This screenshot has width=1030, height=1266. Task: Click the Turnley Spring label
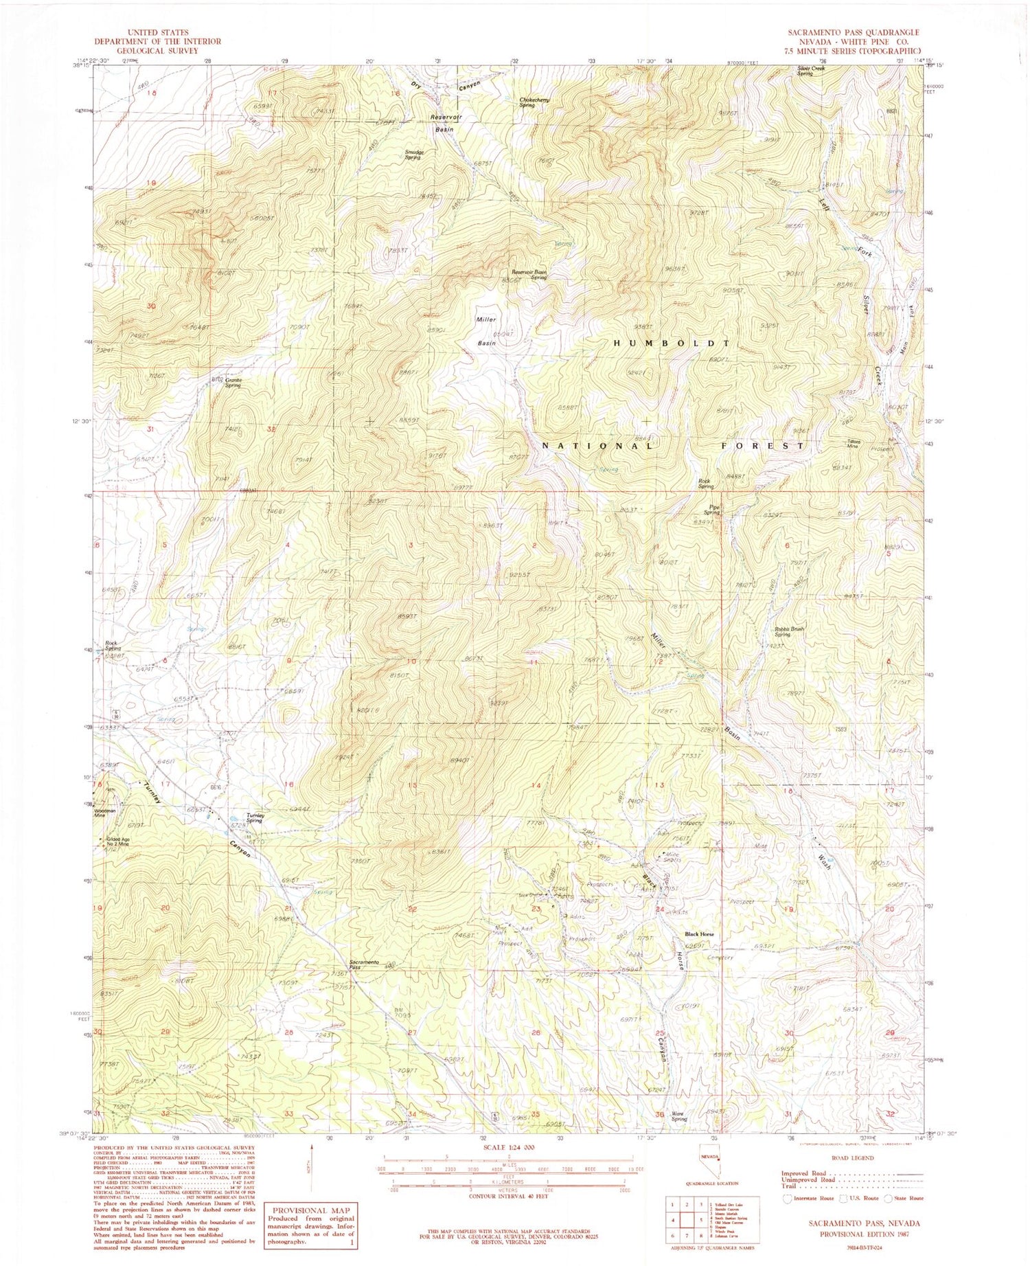[254, 817]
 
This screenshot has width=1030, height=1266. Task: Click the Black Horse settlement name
[699, 934]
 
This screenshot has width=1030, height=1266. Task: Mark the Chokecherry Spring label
[536, 102]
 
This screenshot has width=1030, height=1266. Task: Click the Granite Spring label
[233, 383]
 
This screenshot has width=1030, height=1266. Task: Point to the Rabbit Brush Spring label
[789, 631]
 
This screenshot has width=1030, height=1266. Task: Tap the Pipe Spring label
[711, 510]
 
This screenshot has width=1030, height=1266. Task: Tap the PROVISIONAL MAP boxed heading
[311, 1210]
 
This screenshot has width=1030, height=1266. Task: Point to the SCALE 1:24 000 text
[507, 1147]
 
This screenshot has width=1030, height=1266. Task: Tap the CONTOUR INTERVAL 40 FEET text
[507, 1196]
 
